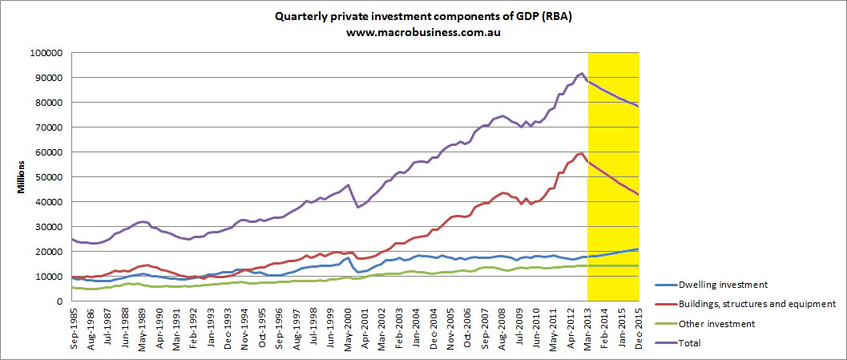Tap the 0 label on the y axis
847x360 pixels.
pyautogui.click(x=60, y=301)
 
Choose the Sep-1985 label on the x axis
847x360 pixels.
pyautogui.click(x=74, y=328)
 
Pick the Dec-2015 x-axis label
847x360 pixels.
pyautogui.click(x=637, y=328)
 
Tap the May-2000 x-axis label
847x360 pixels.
pyautogui.click(x=346, y=328)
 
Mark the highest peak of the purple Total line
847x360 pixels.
pyautogui.click(x=581, y=73)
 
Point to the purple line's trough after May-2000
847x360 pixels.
pyautogui.click(x=359, y=207)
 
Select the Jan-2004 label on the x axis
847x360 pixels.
pyautogui.click(x=415, y=328)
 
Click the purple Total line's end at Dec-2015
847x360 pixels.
pyautogui.click(x=638, y=106)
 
